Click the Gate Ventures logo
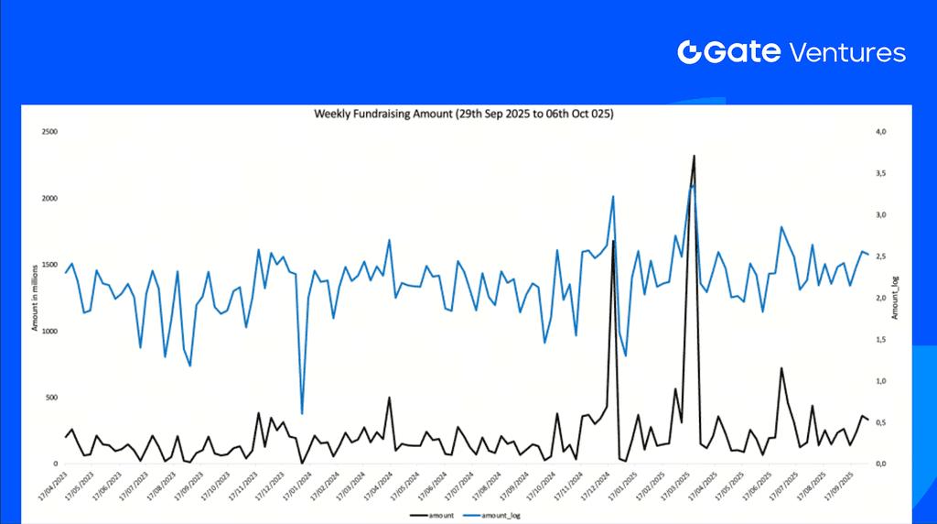[792, 52]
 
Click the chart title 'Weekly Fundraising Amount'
[464, 115]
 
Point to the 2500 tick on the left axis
[49, 132]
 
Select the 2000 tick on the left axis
[49, 198]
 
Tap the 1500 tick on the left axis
[49, 265]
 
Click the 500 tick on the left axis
[51, 398]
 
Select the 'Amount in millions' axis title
[34, 298]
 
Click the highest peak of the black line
[695, 157]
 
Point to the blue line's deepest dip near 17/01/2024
[302, 413]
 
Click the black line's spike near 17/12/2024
[613, 241]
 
